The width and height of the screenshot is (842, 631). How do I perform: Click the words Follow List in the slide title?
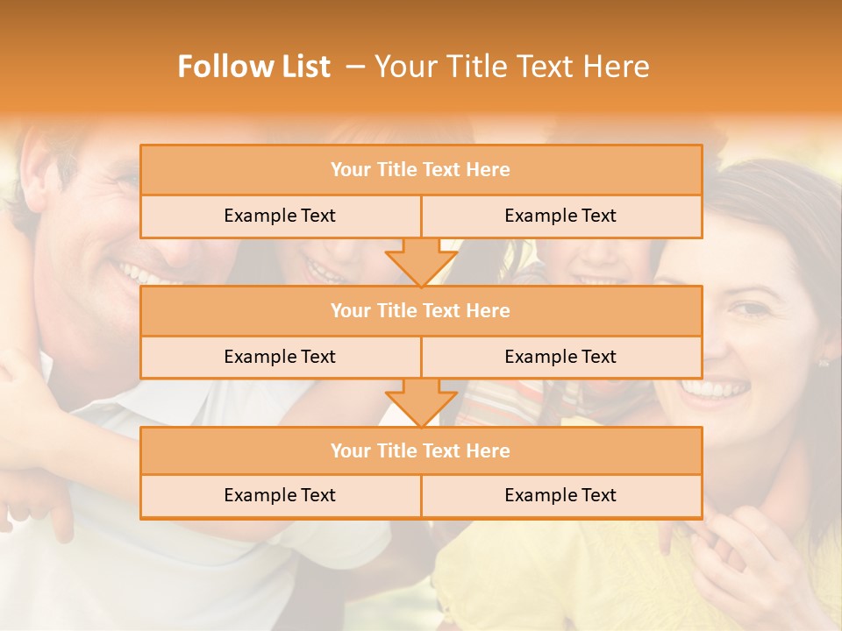point(253,67)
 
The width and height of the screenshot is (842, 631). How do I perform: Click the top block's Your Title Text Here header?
point(420,170)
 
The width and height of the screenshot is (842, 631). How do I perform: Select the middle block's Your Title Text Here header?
point(420,310)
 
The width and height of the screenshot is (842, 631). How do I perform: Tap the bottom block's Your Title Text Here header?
point(420,450)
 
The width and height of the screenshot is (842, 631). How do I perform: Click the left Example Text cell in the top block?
point(280,216)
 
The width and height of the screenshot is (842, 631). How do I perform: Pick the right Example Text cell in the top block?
point(560,216)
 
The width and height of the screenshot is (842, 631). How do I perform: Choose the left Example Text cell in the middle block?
point(280,357)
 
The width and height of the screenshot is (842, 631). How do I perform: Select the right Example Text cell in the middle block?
point(560,357)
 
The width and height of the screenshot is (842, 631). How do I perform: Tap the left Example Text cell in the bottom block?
point(280,495)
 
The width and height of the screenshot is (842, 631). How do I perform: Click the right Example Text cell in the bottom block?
point(560,495)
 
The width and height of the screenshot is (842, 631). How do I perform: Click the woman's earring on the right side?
point(824,362)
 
